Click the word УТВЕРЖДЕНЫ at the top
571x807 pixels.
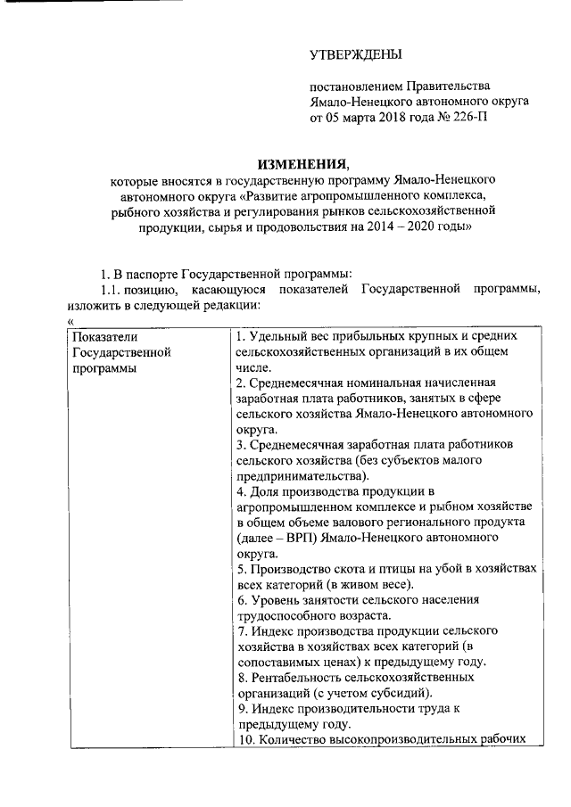(355, 55)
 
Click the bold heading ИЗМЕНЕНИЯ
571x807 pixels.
(303, 164)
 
